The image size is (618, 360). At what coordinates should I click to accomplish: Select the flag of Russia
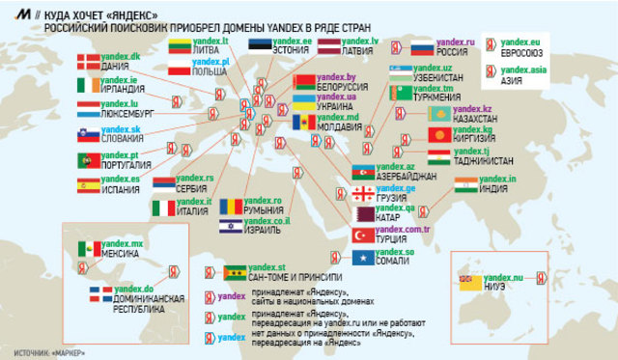tap(422, 48)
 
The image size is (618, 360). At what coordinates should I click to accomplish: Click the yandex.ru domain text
tap(456, 42)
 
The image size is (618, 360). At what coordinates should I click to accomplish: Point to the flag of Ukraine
tap(304, 101)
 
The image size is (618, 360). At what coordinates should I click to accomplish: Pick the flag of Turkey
tap(363, 235)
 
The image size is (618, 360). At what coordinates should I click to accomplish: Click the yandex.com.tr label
tap(404, 230)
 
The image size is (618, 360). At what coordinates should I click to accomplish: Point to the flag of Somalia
tap(363, 258)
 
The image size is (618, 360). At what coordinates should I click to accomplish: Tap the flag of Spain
tap(88, 183)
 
